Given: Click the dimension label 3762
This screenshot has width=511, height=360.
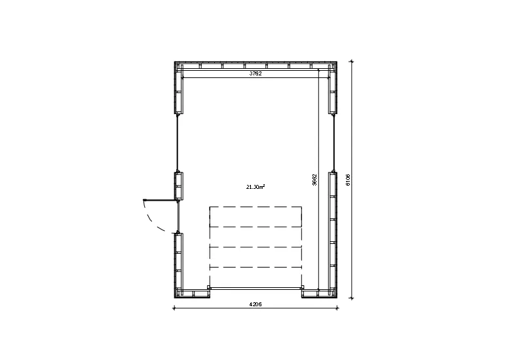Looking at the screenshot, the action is [x=255, y=73].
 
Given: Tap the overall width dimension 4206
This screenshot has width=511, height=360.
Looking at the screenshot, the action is [x=255, y=304].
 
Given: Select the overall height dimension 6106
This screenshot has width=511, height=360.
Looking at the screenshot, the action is [x=348, y=180].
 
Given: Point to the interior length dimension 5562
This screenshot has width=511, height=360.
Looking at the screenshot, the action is [x=314, y=180].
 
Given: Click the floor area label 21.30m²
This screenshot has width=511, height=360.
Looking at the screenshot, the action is [x=255, y=187].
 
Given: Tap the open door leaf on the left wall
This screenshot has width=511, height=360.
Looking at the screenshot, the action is [x=161, y=199].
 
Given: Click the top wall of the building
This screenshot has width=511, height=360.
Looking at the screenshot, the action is [x=255, y=65].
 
